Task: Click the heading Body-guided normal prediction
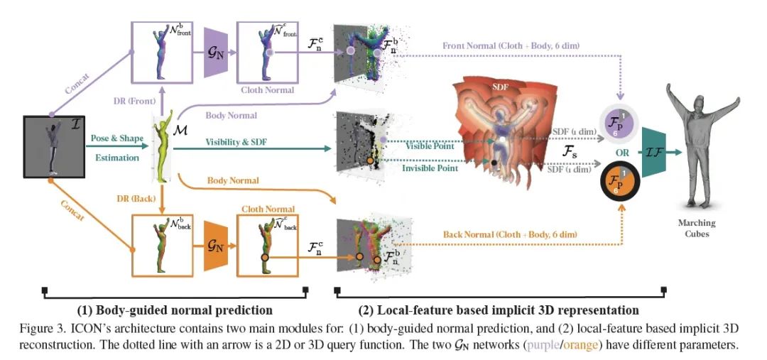[175, 310]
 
